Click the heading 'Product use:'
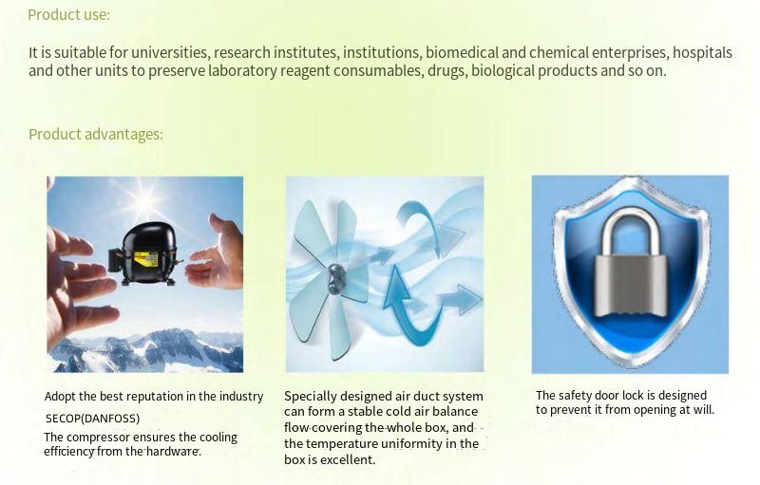coord(68,14)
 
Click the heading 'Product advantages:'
coord(96,134)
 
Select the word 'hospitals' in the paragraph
coord(702,53)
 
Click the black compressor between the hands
coord(144,254)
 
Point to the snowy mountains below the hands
coord(145,350)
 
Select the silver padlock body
coord(630,286)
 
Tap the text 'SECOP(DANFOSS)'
coord(92,419)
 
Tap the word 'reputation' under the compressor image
coord(148,397)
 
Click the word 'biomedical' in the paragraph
coord(462,52)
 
